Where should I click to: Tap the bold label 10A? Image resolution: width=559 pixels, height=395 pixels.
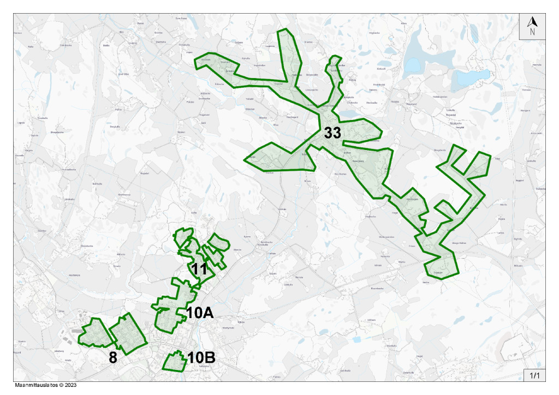199,313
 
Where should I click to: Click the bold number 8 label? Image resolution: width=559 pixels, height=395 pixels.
113,357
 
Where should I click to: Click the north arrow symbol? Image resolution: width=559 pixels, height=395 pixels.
532,26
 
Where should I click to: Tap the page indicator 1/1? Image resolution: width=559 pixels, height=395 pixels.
534,375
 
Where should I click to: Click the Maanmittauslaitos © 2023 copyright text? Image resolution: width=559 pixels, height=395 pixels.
45,385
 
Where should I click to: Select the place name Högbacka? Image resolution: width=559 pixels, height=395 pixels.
390,33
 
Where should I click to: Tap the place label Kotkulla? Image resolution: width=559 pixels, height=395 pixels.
382,69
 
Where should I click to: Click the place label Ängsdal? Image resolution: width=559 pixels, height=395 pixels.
144,173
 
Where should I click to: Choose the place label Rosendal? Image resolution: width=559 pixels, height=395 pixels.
451,115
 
